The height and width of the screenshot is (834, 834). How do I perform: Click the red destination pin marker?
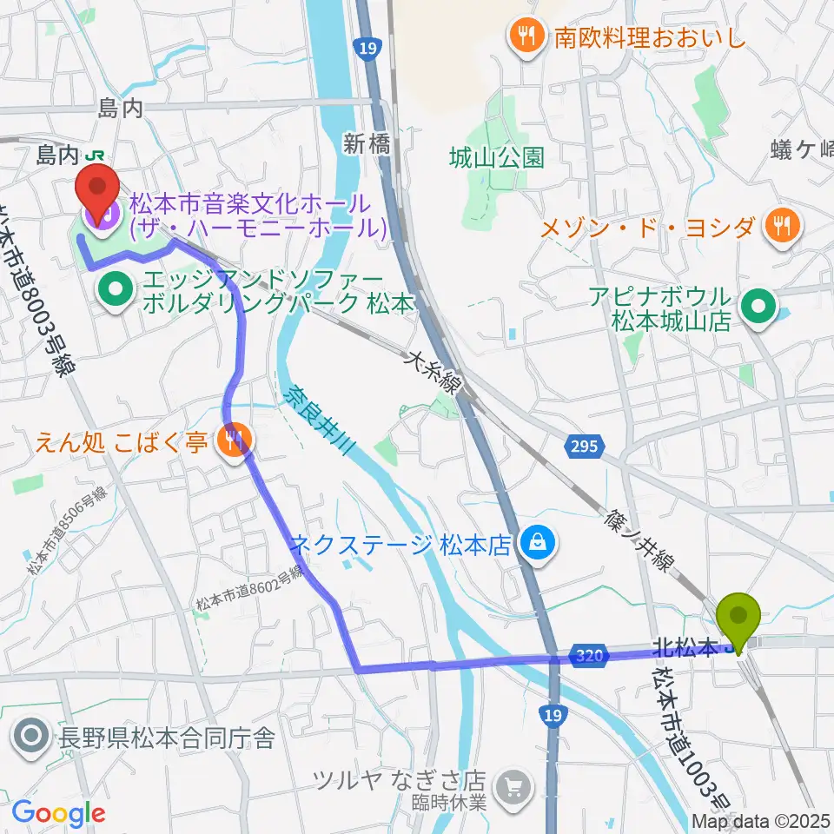point(98,185)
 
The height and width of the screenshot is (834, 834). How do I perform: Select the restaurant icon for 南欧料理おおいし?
point(524,36)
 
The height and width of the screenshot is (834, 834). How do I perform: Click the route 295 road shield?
point(585,447)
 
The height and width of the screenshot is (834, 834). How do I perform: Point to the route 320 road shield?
point(588,658)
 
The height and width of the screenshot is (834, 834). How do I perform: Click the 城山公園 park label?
point(497,157)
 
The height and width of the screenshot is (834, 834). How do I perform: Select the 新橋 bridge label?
point(366,145)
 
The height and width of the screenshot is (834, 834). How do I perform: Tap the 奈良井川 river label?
point(318,419)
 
